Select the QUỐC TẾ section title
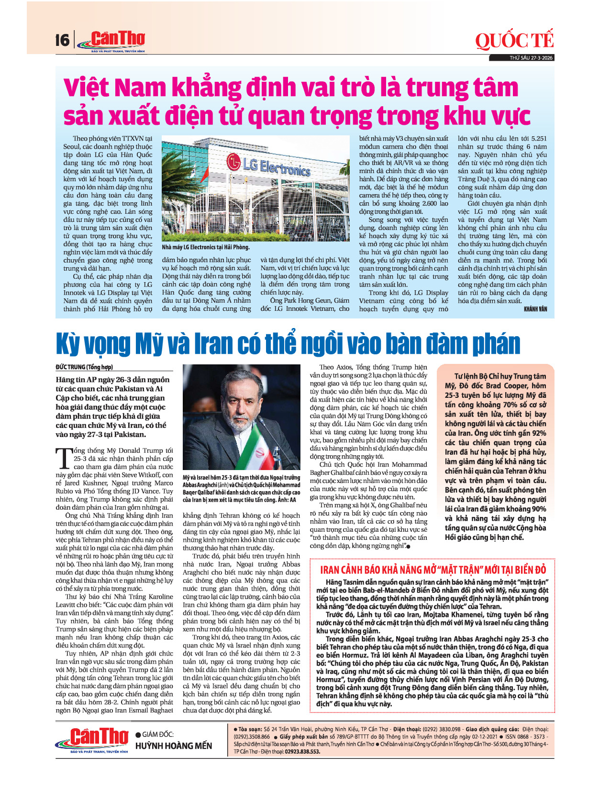(514, 41)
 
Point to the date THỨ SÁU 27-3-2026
(531, 58)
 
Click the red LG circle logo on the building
(233, 161)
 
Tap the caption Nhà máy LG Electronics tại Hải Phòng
(206, 247)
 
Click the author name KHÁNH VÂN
(535, 309)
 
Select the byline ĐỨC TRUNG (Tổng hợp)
(84, 367)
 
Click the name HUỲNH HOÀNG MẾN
(174, 746)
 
